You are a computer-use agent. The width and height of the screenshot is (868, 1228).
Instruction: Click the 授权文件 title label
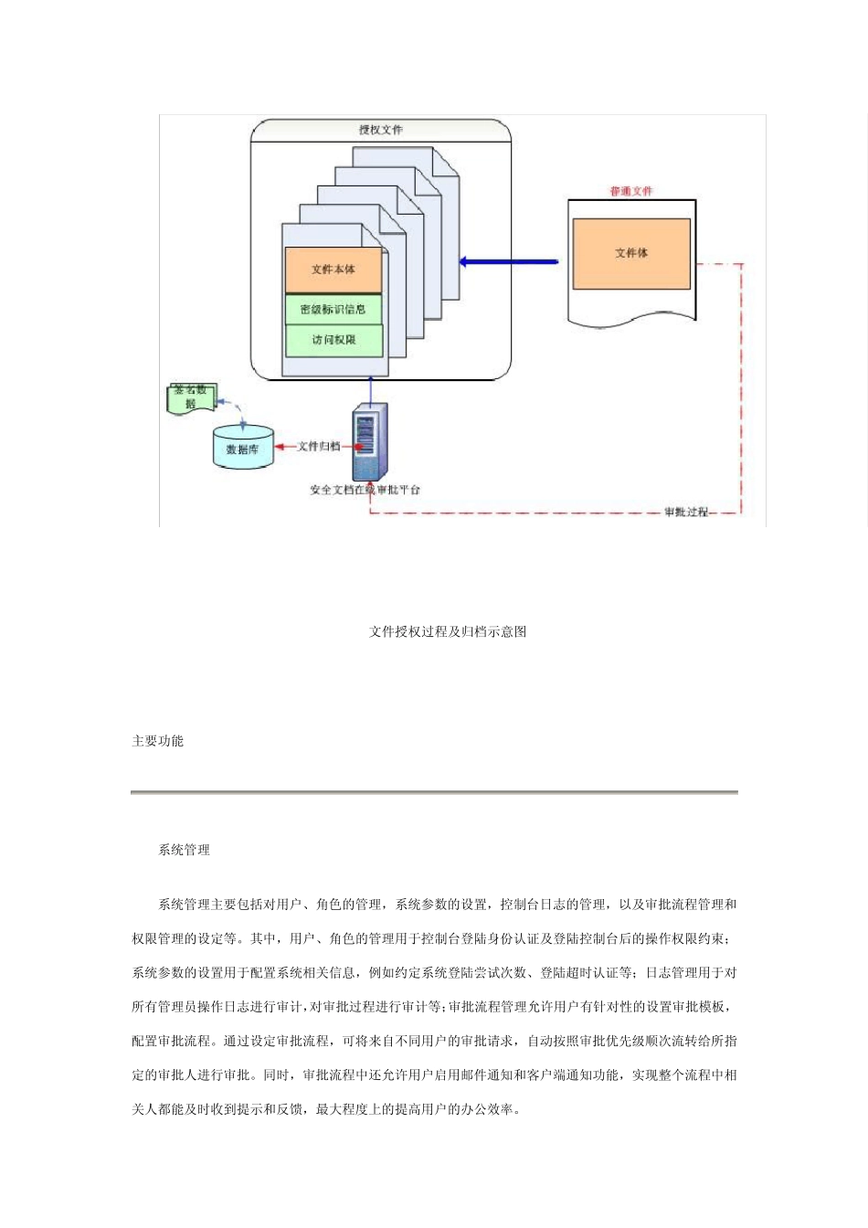pyautogui.click(x=381, y=131)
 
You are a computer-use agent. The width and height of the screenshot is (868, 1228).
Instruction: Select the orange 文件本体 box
pyautogui.click(x=333, y=270)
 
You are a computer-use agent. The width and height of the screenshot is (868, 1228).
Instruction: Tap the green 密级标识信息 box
pyautogui.click(x=333, y=310)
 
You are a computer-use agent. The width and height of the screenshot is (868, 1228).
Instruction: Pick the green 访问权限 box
pyautogui.click(x=333, y=340)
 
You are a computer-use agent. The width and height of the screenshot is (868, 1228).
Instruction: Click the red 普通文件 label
pyautogui.click(x=631, y=191)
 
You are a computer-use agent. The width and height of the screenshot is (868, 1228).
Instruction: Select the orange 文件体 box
pyautogui.click(x=631, y=253)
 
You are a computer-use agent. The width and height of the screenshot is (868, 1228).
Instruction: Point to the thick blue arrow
pyautogui.click(x=509, y=262)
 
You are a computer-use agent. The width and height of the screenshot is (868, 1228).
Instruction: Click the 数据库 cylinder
pyautogui.click(x=243, y=448)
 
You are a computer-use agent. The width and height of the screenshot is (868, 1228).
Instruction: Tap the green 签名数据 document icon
pyautogui.click(x=191, y=397)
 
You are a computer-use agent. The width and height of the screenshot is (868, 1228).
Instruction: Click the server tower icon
pyautogui.click(x=367, y=441)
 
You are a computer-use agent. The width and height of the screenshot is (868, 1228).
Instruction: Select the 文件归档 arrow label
pyautogui.click(x=319, y=447)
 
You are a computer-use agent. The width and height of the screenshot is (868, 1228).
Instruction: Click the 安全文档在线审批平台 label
pyautogui.click(x=365, y=491)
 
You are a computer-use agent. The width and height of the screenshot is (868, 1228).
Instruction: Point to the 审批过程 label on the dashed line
pyautogui.click(x=686, y=512)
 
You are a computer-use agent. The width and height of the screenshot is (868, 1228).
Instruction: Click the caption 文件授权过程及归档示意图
pyautogui.click(x=448, y=631)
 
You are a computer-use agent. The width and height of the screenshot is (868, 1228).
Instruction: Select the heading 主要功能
pyautogui.click(x=158, y=741)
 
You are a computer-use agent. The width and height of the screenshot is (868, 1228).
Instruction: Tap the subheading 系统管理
pyautogui.click(x=185, y=850)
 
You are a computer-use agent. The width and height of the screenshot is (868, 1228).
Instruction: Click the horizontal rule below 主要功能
pyautogui.click(x=434, y=792)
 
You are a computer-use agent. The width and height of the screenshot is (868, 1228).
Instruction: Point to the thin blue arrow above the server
pyautogui.click(x=370, y=390)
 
